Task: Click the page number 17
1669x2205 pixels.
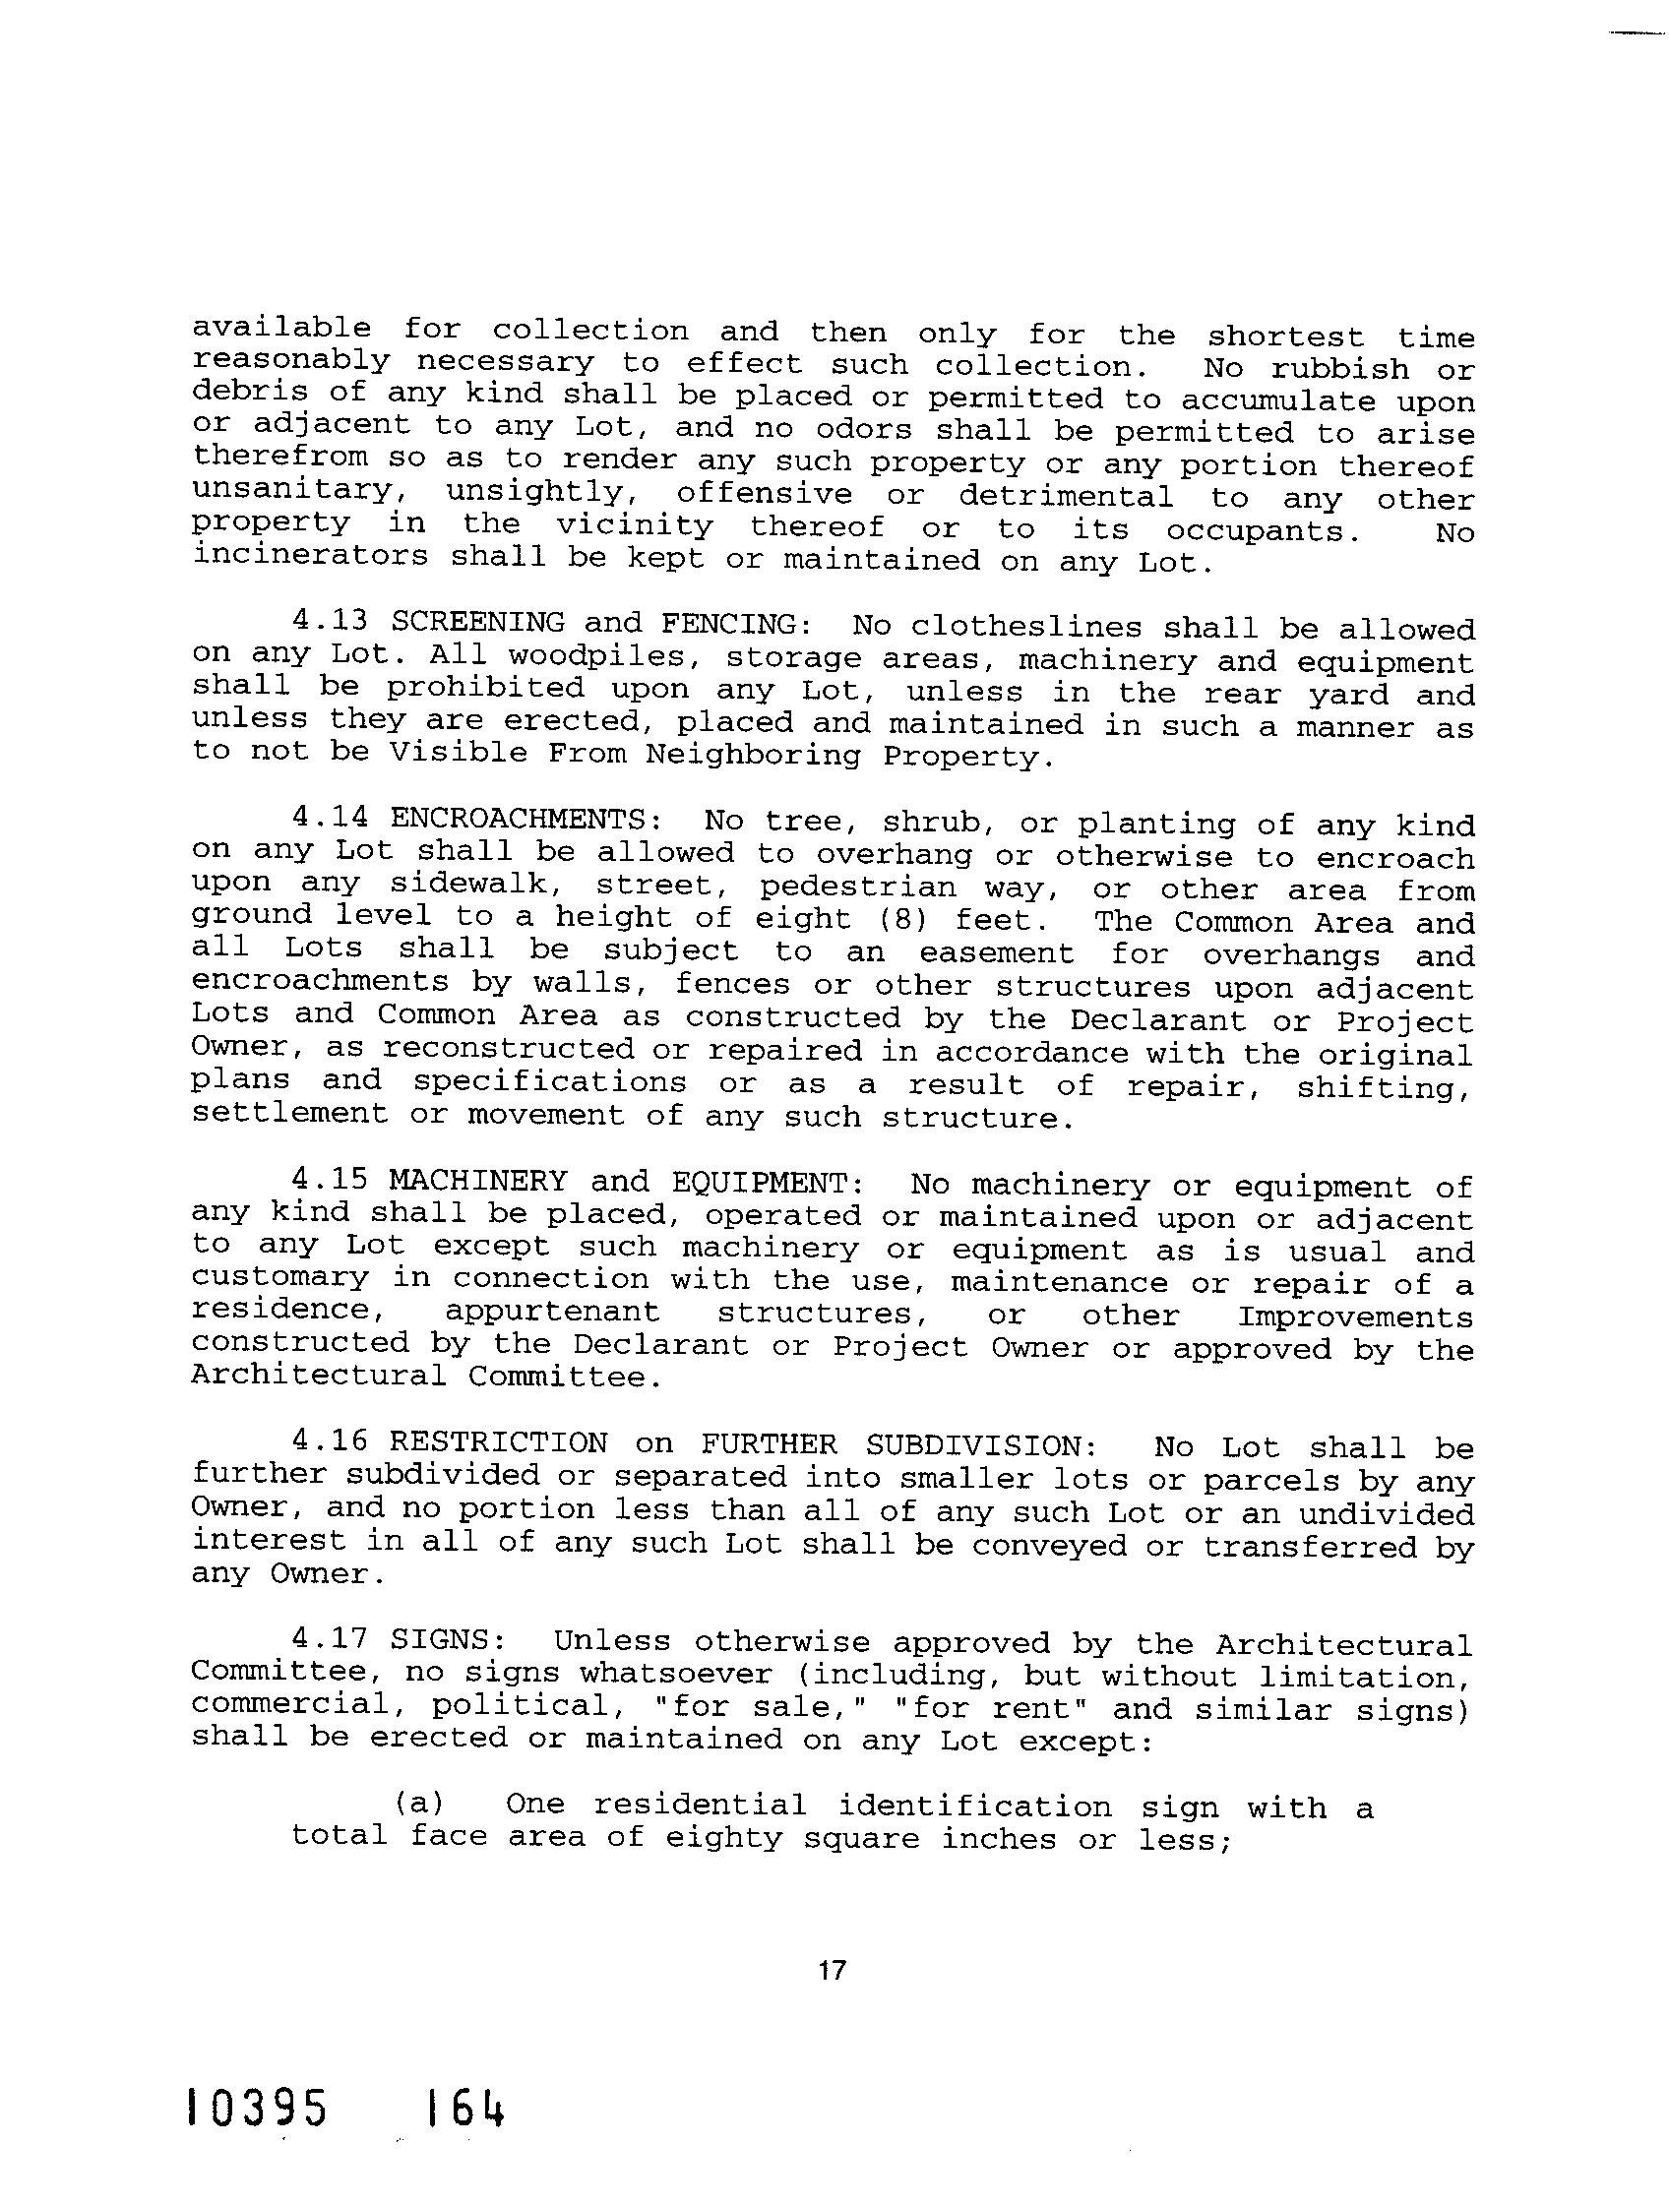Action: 832,1970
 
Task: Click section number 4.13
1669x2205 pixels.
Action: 330,620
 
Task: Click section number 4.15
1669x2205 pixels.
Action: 330,1180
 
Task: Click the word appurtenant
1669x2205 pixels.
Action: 552,1312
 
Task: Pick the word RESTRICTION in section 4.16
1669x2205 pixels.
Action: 498,1442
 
